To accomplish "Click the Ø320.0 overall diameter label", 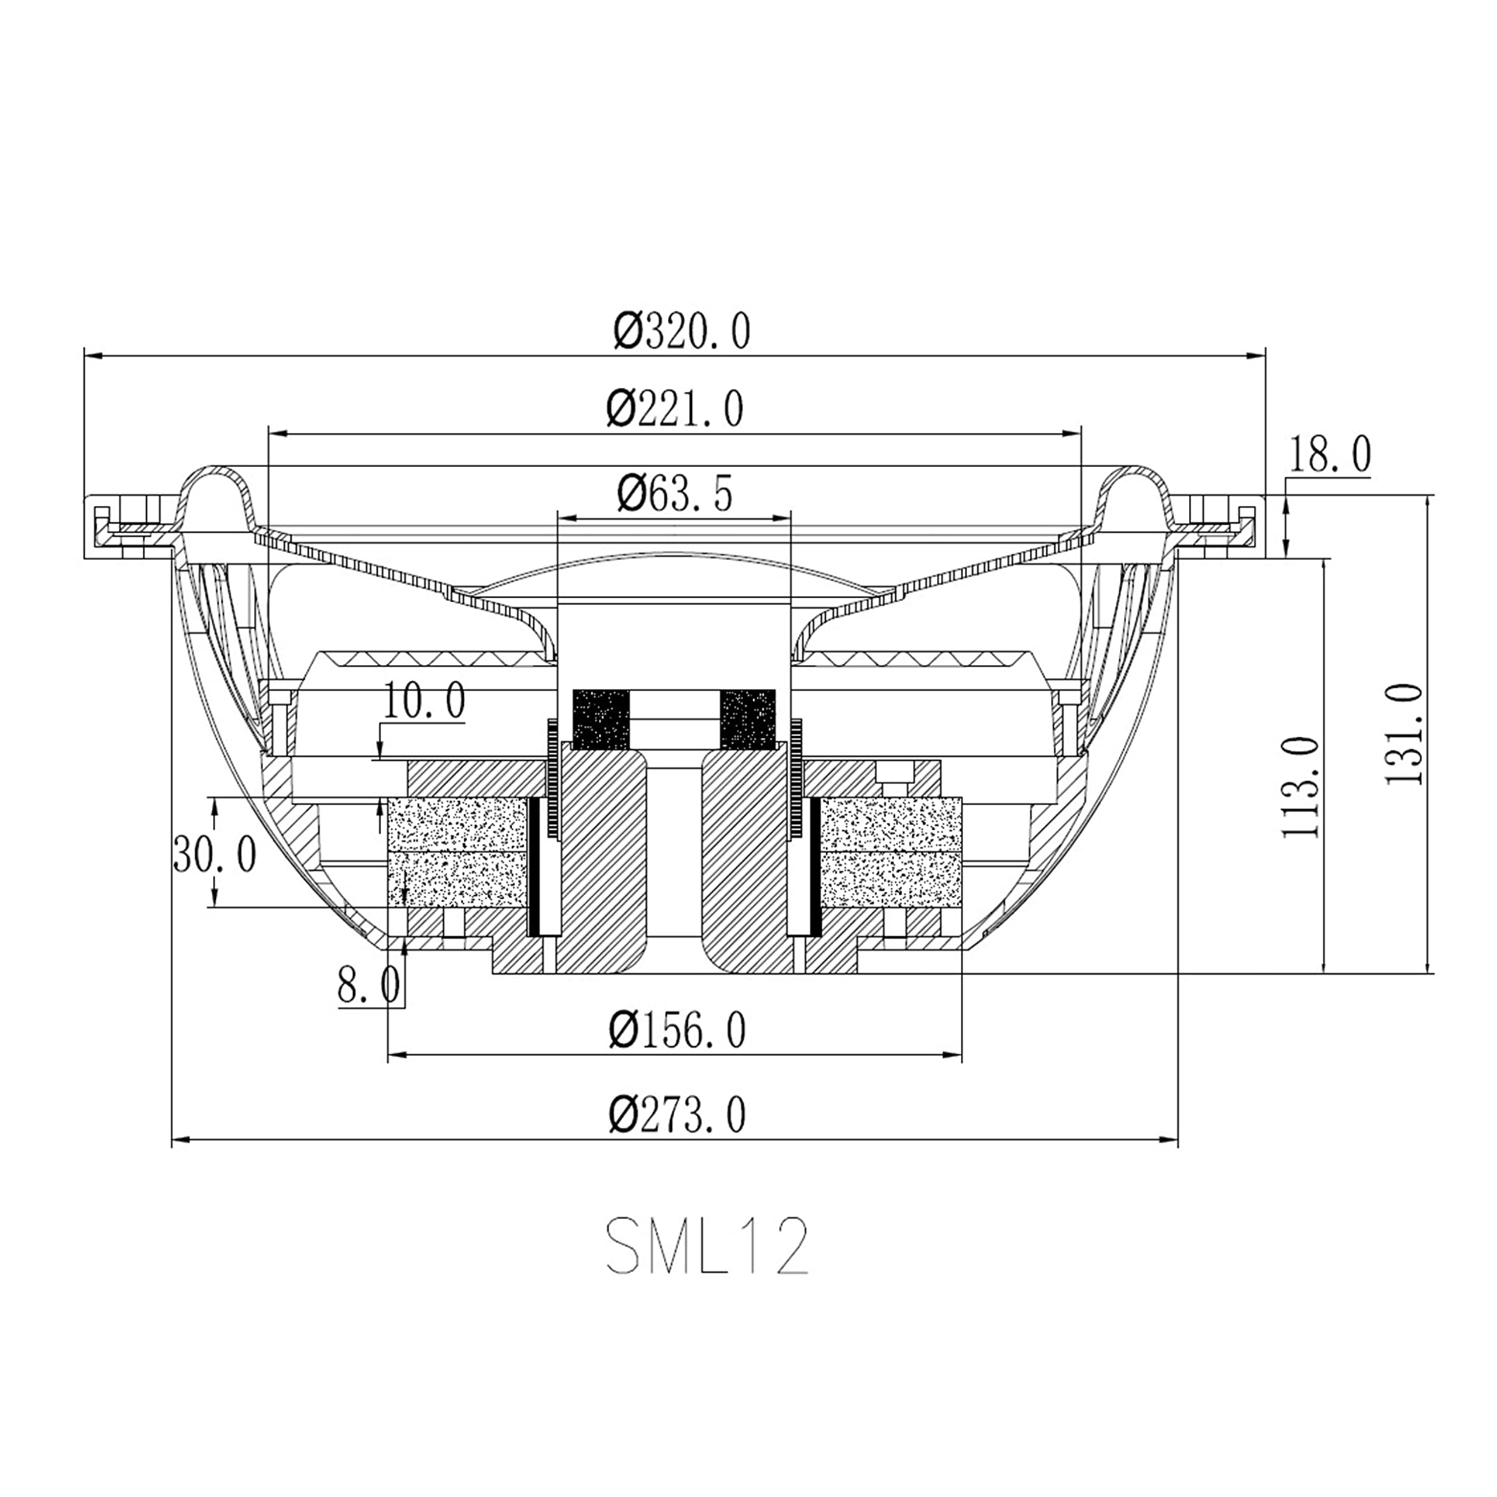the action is coord(682,332).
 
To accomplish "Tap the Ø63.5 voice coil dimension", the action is coord(675,493).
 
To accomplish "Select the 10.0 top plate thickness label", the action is coord(425,701).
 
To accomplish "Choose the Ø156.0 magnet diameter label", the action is coord(677,1030).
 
